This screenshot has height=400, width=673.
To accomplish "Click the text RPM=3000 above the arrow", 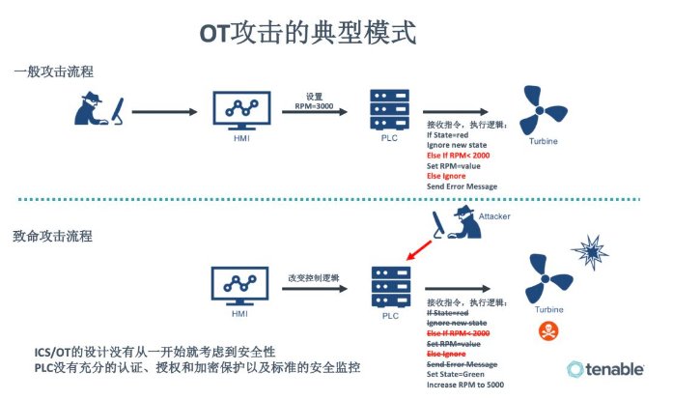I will pyautogui.click(x=315, y=107).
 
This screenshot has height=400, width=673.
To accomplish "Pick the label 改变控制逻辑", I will pyautogui.click(x=315, y=275).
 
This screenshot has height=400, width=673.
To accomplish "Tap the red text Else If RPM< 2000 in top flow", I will pyautogui.click(x=459, y=155).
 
